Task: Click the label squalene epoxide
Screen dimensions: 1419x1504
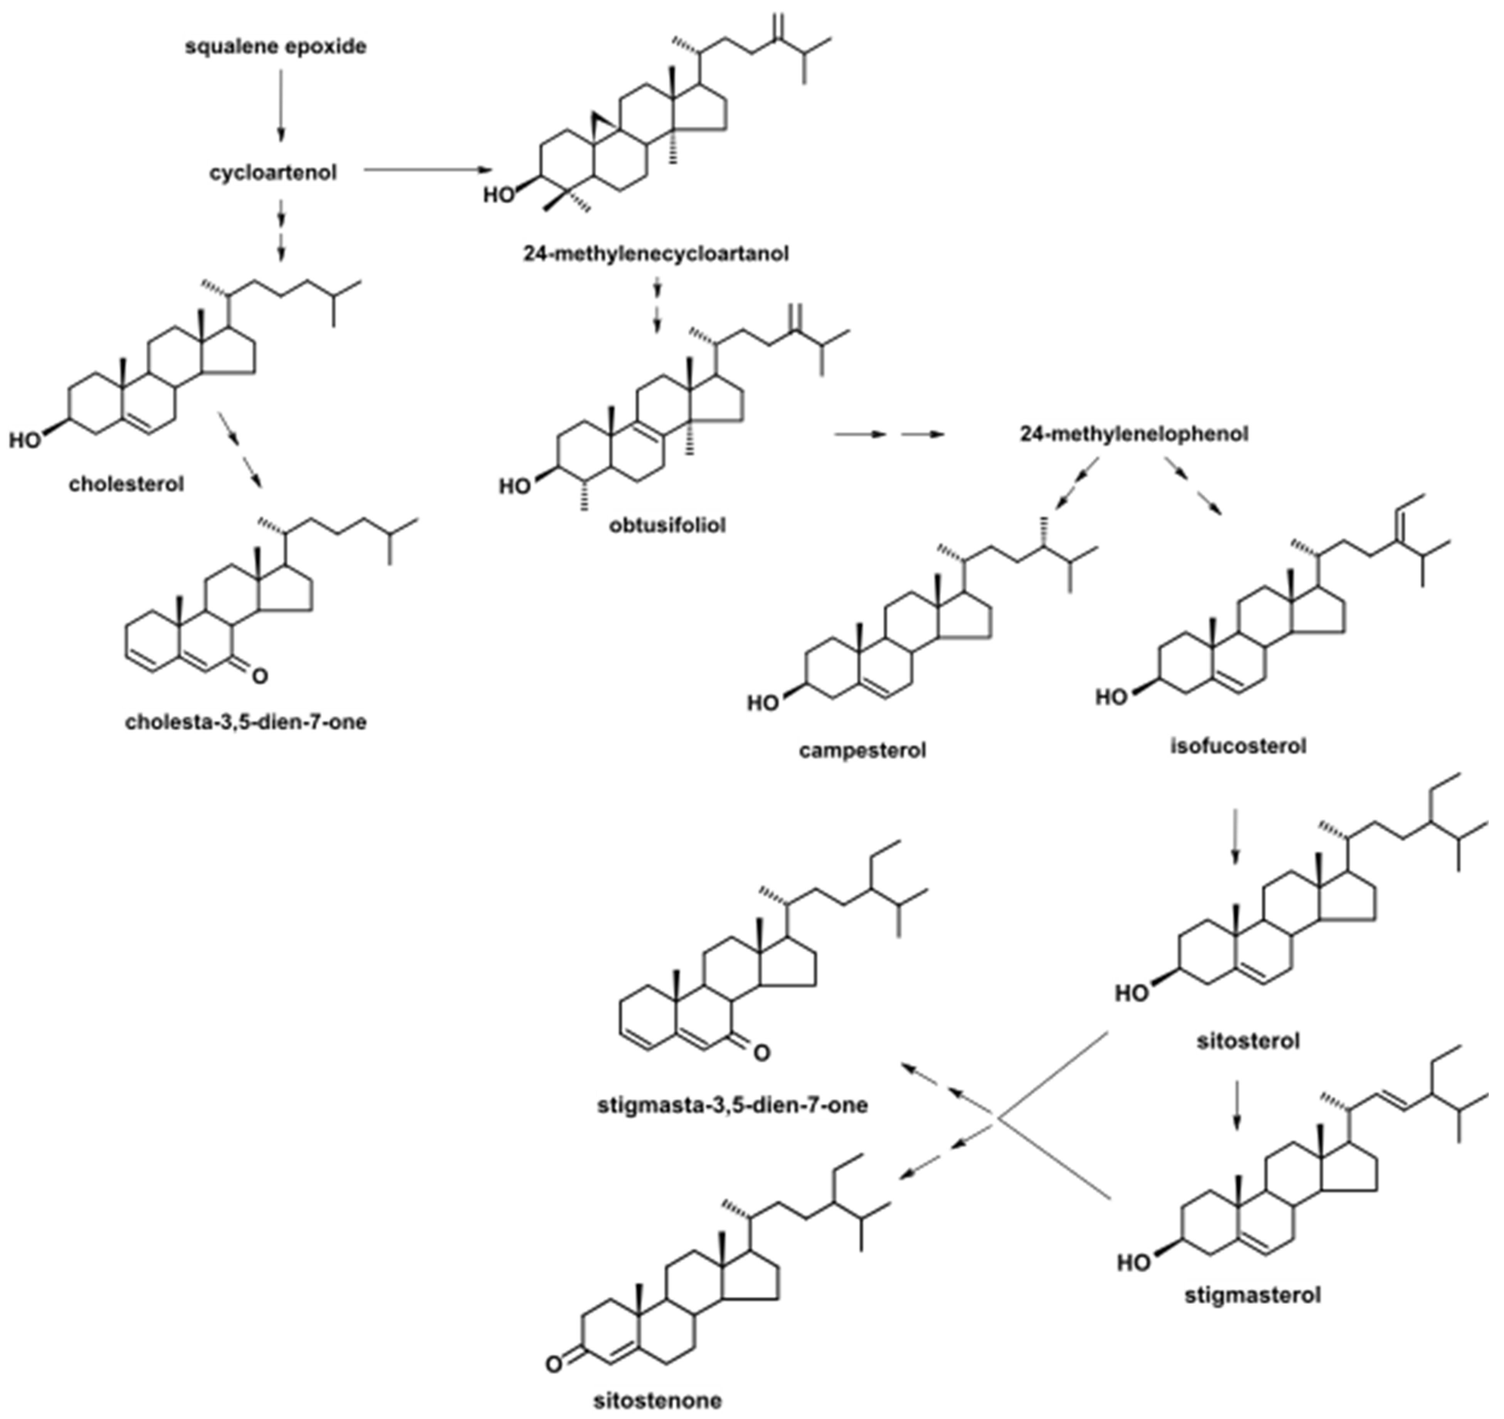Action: [276, 47]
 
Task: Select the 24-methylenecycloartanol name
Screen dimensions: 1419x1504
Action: [656, 254]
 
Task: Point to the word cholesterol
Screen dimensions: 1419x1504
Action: [127, 484]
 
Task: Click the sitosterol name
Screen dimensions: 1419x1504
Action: [1248, 1042]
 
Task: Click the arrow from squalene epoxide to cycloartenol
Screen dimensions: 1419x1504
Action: [281, 106]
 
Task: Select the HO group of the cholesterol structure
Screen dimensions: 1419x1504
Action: [25, 440]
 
